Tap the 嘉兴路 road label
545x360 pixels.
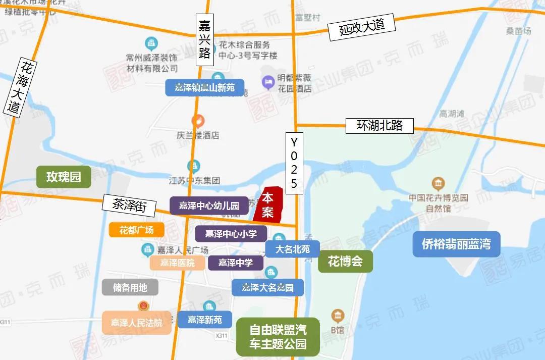point(204,39)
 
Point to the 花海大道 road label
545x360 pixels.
point(19,86)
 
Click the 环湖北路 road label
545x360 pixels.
point(379,126)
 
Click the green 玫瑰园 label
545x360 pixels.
point(64,177)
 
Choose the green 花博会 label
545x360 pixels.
point(345,262)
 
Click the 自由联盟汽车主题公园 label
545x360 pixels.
point(278,337)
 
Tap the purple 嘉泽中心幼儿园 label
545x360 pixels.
point(209,205)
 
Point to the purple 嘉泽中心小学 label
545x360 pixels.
point(231,234)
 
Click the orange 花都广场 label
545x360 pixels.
point(131,230)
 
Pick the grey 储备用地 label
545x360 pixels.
point(130,287)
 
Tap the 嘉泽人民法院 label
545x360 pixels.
point(137,322)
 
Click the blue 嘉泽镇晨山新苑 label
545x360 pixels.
point(204,87)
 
